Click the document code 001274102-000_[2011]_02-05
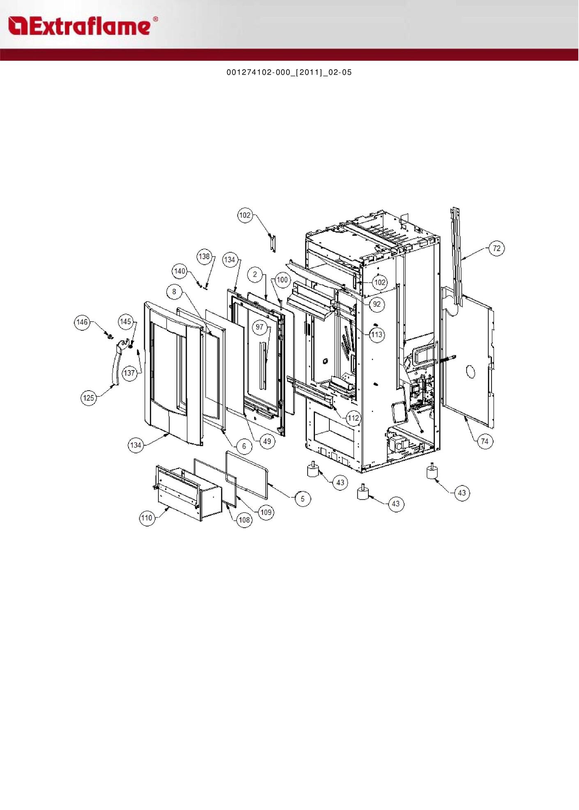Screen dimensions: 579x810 [289, 72]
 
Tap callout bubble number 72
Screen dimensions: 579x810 [497, 248]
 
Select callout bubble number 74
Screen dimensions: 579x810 [485, 441]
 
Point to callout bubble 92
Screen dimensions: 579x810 [377, 304]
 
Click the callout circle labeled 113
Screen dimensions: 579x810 [377, 334]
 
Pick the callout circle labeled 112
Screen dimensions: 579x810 [353, 418]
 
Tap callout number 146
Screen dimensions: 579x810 [82, 322]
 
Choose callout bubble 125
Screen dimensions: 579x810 [89, 398]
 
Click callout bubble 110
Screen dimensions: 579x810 [147, 518]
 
